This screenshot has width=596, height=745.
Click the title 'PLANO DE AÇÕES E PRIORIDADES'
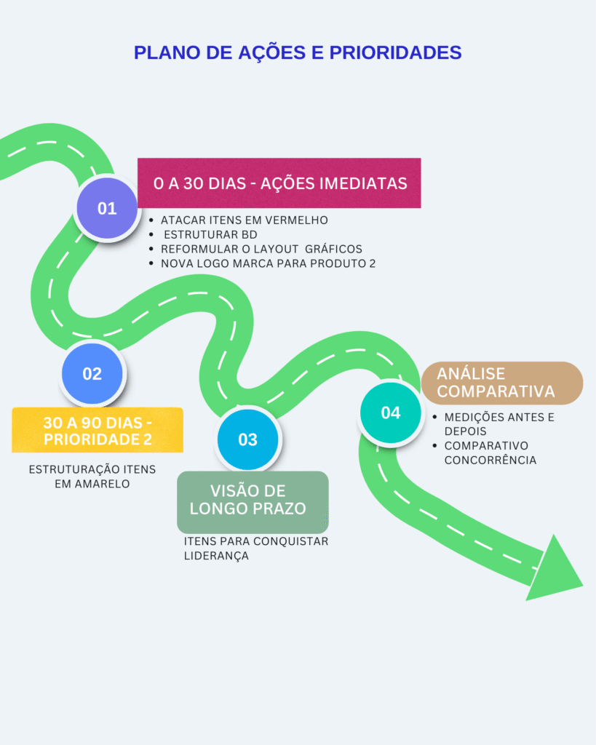[298, 52]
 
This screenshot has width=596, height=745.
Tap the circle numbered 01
[107, 209]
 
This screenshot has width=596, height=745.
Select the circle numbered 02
[92, 374]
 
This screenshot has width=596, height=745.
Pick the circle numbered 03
[247, 439]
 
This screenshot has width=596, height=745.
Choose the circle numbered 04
[391, 413]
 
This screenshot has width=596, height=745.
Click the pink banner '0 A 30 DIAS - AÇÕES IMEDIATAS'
[279, 183]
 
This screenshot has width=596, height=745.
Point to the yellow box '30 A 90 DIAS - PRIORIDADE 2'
[98, 431]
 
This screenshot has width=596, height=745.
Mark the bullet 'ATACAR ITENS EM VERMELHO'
[245, 220]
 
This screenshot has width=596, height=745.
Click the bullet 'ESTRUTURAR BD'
[210, 234]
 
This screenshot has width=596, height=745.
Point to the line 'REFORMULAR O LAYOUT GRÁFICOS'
[261, 249]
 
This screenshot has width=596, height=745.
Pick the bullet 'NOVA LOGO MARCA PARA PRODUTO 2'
[268, 263]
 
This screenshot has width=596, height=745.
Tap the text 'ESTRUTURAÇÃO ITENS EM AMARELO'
[92, 477]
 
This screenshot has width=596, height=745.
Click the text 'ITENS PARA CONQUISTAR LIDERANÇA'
[255, 549]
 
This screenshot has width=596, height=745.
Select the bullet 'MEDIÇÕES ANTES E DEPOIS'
[498, 424]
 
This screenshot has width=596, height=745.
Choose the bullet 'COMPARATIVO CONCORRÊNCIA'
[490, 453]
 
